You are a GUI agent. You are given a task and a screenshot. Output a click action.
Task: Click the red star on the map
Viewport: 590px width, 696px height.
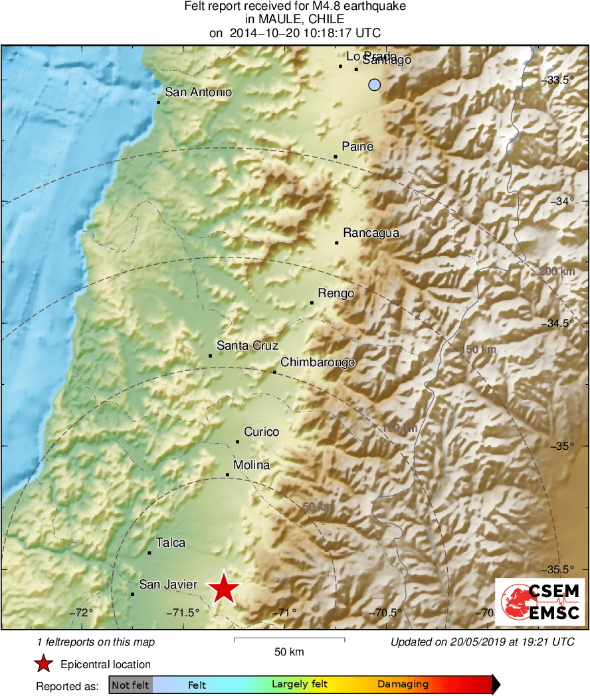click(225, 589)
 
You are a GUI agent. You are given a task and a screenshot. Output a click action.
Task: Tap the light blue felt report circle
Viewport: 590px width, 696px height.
click(375, 85)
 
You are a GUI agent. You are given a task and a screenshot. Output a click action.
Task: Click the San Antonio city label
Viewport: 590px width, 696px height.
click(198, 92)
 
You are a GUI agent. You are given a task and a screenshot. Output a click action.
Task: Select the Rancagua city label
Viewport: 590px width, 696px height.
click(371, 233)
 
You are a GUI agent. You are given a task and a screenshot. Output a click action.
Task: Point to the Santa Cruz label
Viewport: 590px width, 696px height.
click(247, 346)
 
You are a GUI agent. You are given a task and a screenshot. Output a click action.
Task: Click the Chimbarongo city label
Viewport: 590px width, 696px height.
click(318, 362)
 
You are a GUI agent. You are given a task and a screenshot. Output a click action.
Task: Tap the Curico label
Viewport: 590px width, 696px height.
click(261, 432)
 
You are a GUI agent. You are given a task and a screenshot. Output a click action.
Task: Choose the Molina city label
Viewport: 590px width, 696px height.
click(251, 465)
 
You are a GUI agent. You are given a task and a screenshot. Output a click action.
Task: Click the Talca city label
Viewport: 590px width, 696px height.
click(170, 543)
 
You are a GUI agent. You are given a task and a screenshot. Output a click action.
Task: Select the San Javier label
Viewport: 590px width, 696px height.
click(168, 585)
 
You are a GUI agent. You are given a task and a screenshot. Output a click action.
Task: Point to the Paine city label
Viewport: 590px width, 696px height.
click(357, 147)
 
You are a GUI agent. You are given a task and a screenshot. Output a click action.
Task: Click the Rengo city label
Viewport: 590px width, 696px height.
click(336, 293)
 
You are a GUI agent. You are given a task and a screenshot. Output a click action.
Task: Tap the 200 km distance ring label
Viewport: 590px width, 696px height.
click(557, 272)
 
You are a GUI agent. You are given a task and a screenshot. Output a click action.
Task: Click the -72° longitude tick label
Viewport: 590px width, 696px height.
click(82, 612)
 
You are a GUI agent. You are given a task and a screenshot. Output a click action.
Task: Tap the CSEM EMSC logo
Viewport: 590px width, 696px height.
click(539, 600)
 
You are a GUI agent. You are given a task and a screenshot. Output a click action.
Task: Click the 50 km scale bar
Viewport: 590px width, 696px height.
click(289, 640)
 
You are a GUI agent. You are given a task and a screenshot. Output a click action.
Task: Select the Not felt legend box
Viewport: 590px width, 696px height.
click(130, 685)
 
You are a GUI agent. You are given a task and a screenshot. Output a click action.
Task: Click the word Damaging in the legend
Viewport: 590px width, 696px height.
click(403, 685)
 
